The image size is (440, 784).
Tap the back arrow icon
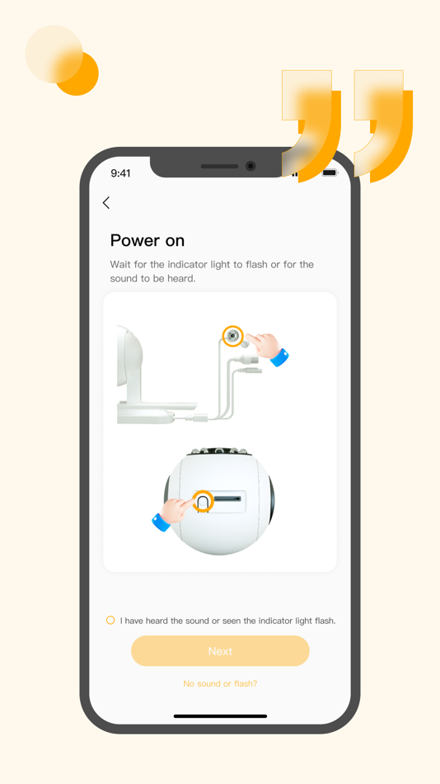[106, 203]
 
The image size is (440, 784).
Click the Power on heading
[147, 240]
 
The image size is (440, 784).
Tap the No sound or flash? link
[220, 683]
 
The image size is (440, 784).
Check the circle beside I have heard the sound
[110, 620]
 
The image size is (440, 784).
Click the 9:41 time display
[120, 173]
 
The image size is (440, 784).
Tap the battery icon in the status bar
[330, 173]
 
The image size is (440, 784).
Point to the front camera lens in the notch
[250, 166]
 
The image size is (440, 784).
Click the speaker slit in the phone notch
[219, 167]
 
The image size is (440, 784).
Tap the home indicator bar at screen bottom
[220, 716]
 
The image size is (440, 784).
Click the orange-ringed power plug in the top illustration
[233, 336]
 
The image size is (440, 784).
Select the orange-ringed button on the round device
[203, 501]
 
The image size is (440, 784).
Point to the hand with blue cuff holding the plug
[267, 347]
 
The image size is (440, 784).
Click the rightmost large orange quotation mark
[384, 124]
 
